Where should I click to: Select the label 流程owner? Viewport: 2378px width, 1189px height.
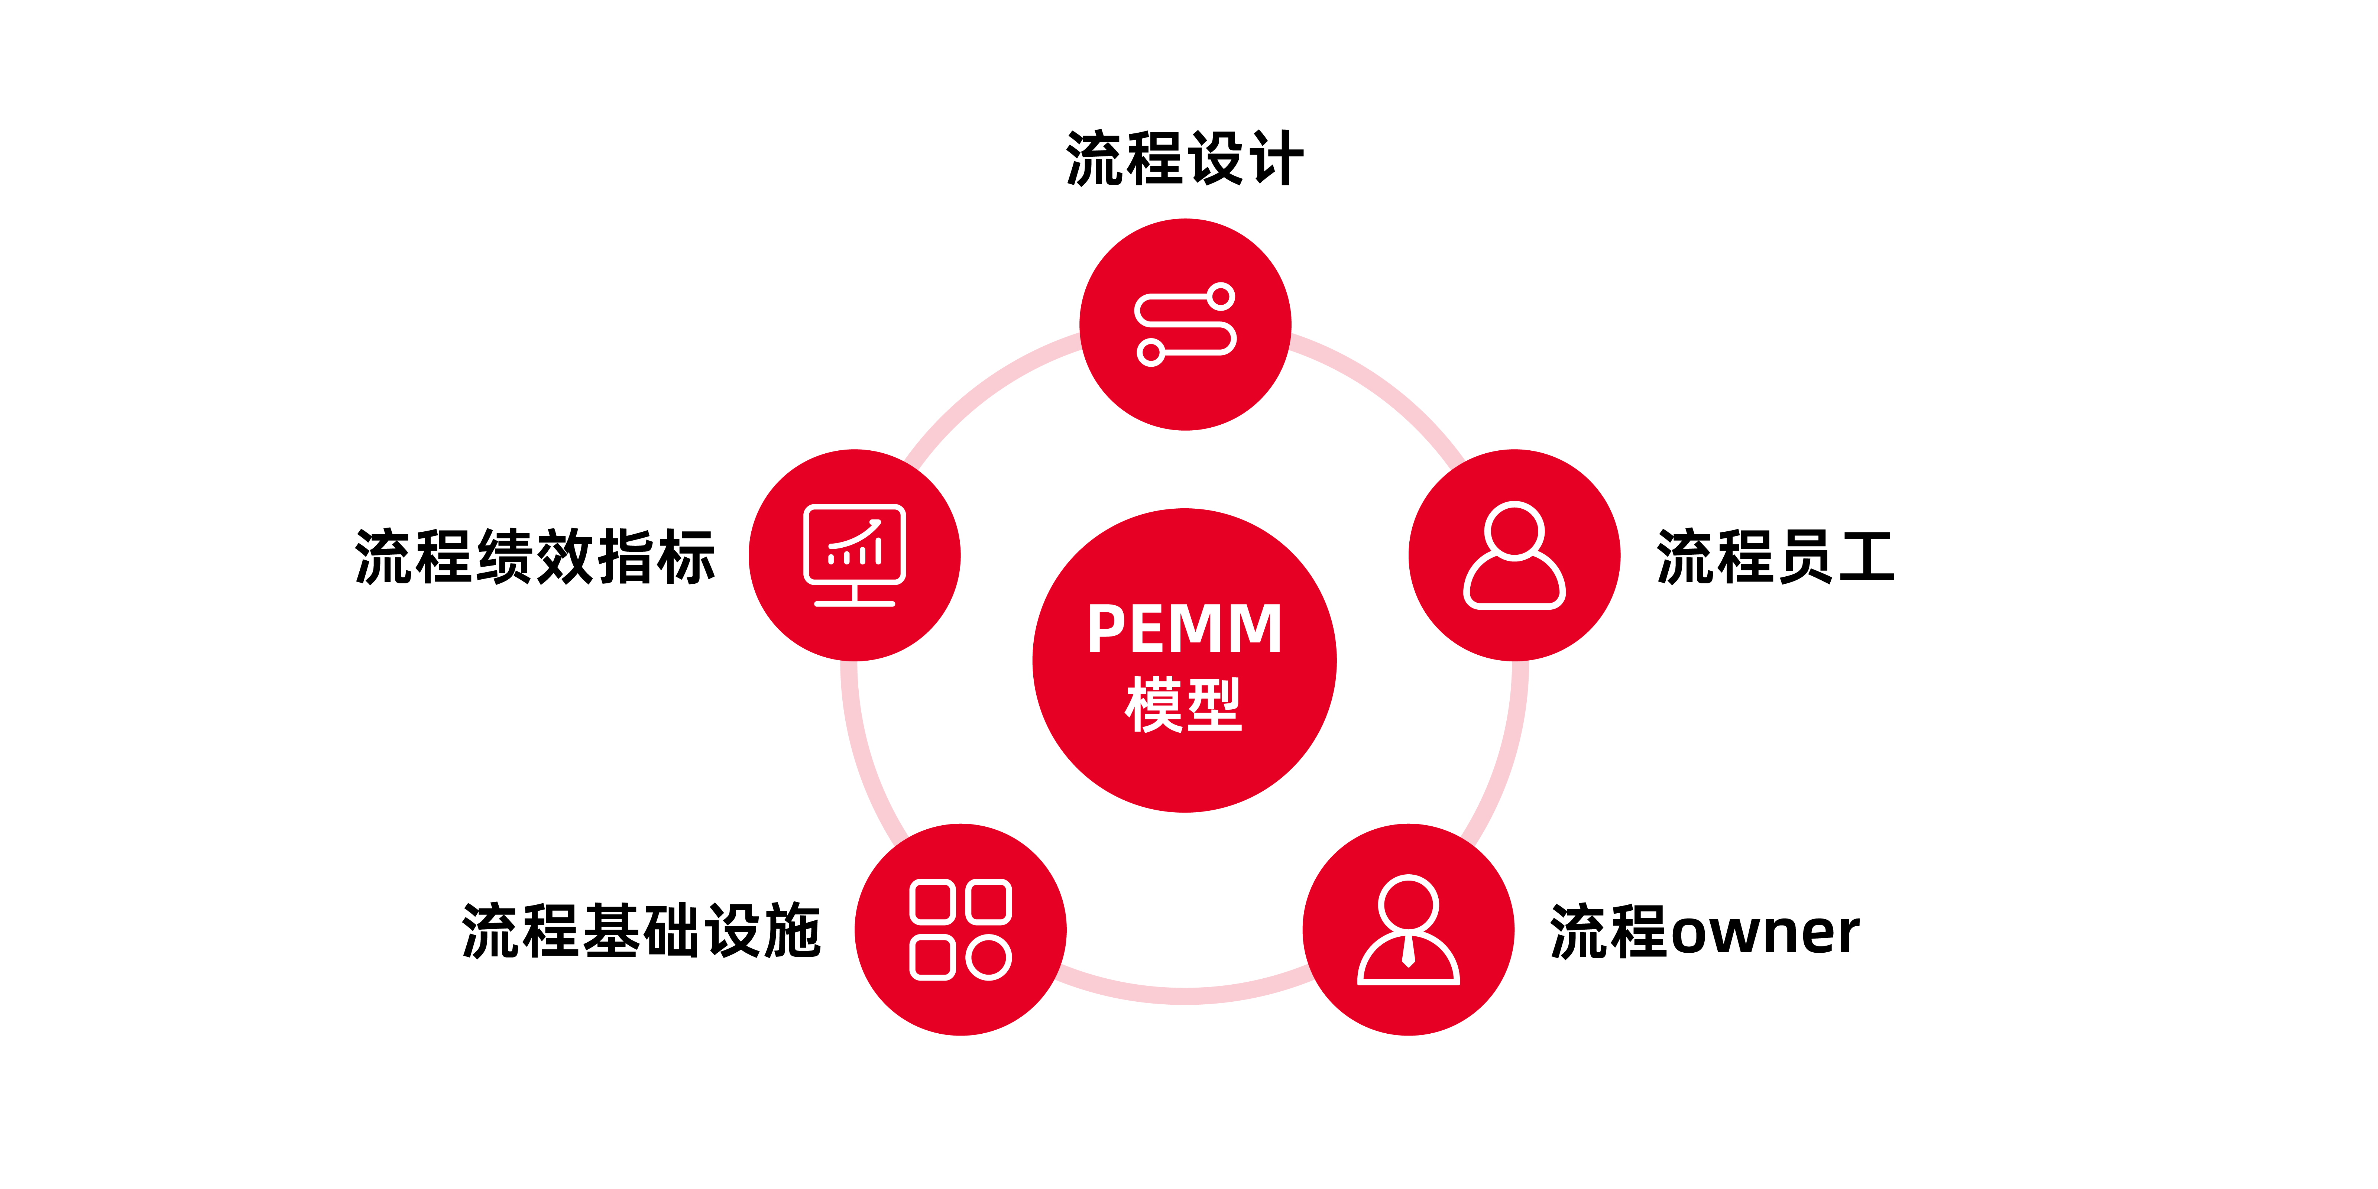click(x=1704, y=932)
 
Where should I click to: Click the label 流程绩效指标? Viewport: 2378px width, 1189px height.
click(x=535, y=558)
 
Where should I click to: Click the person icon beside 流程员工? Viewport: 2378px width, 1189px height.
click(x=1514, y=556)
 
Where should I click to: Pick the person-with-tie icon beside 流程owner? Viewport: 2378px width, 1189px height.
click(x=1408, y=930)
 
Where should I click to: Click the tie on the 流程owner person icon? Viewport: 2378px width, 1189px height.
click(x=1408, y=951)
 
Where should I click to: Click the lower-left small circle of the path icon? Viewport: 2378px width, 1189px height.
click(x=1150, y=352)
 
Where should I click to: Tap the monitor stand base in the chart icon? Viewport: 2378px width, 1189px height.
click(x=855, y=603)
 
